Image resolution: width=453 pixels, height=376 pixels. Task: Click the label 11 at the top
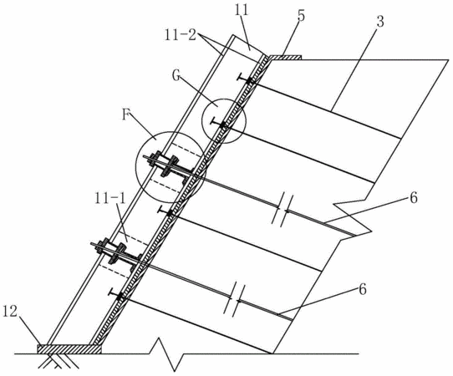point(242,11)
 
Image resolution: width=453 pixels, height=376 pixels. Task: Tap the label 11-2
point(181,36)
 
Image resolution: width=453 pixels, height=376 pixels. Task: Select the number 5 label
point(301,16)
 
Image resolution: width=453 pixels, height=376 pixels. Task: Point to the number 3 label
point(380,22)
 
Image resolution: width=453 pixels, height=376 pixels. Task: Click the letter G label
point(176,76)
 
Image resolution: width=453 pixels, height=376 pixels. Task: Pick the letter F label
point(126,115)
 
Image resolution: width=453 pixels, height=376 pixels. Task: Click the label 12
point(10,312)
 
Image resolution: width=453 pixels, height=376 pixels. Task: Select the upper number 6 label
point(414,198)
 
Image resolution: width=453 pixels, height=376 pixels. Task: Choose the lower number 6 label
point(363,290)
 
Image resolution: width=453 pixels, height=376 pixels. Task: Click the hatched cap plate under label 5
point(284,58)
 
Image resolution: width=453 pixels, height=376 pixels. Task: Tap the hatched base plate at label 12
point(69,349)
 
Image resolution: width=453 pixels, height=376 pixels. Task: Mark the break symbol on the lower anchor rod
point(235,300)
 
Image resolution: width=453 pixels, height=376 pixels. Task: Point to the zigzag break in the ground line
point(166,353)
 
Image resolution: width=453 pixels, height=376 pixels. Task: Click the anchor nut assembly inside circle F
point(167,165)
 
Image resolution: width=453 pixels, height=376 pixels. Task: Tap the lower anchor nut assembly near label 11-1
point(115,252)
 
